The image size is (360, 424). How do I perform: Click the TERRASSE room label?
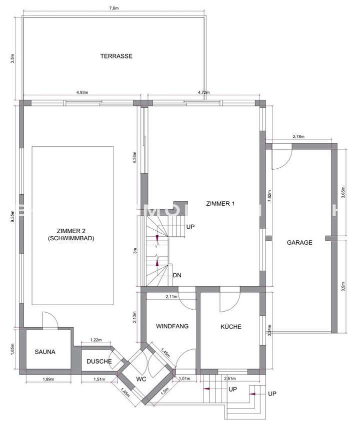(116, 56)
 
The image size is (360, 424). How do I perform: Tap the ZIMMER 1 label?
(220, 204)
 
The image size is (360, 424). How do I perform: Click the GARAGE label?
(299, 243)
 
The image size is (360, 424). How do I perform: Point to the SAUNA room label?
(45, 352)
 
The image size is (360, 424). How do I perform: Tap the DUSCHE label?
(99, 361)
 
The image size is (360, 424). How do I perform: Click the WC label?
(142, 379)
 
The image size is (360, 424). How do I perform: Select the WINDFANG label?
(172, 327)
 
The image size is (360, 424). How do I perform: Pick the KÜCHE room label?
(231, 327)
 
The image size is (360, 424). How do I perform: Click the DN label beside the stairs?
(176, 275)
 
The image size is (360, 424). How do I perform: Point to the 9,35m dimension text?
(12, 217)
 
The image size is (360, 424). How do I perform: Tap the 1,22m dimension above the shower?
(96, 340)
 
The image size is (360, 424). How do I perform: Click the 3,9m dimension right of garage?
(343, 287)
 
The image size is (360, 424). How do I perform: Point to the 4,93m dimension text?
(82, 92)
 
